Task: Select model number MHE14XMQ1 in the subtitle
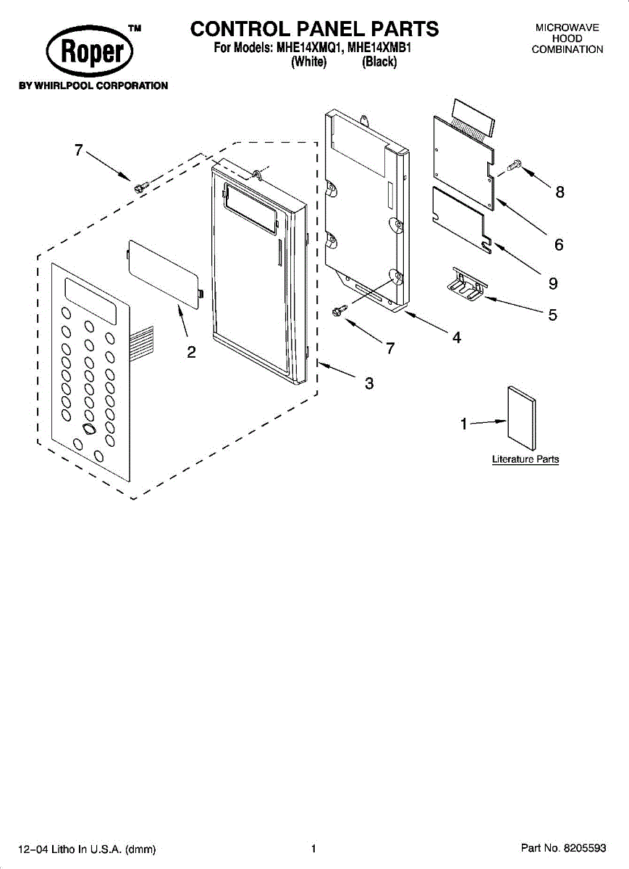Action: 307,49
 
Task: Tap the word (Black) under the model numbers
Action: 379,62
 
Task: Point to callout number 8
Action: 560,192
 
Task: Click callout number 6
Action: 559,245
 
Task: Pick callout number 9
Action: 553,282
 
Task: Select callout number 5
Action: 552,315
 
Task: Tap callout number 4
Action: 457,337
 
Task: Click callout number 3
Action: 368,384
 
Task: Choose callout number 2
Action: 191,353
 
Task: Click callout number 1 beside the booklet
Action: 464,424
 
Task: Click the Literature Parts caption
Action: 525,459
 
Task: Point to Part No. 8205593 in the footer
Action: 563,848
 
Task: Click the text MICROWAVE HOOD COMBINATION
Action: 567,38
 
